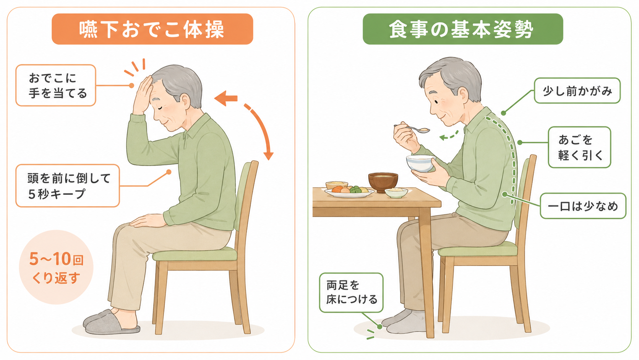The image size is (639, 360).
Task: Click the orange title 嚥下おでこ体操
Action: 152,29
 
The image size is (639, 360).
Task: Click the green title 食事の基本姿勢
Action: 463,29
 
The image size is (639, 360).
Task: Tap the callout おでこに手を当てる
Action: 56,85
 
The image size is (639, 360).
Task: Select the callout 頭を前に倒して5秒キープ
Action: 68,186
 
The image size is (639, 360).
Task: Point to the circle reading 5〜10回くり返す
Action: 56,267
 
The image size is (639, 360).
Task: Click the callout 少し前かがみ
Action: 577,91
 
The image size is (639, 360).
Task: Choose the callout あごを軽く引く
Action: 579,147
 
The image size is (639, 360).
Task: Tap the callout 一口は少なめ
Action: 583,206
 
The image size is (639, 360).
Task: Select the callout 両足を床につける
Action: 351,293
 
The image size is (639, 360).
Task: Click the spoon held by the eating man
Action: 412,129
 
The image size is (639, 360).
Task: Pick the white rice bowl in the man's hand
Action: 421,163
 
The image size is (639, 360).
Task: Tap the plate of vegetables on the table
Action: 349,192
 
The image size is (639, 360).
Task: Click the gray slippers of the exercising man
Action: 111,322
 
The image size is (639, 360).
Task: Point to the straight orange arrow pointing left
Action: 226,98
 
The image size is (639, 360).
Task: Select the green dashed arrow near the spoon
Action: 449,136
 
